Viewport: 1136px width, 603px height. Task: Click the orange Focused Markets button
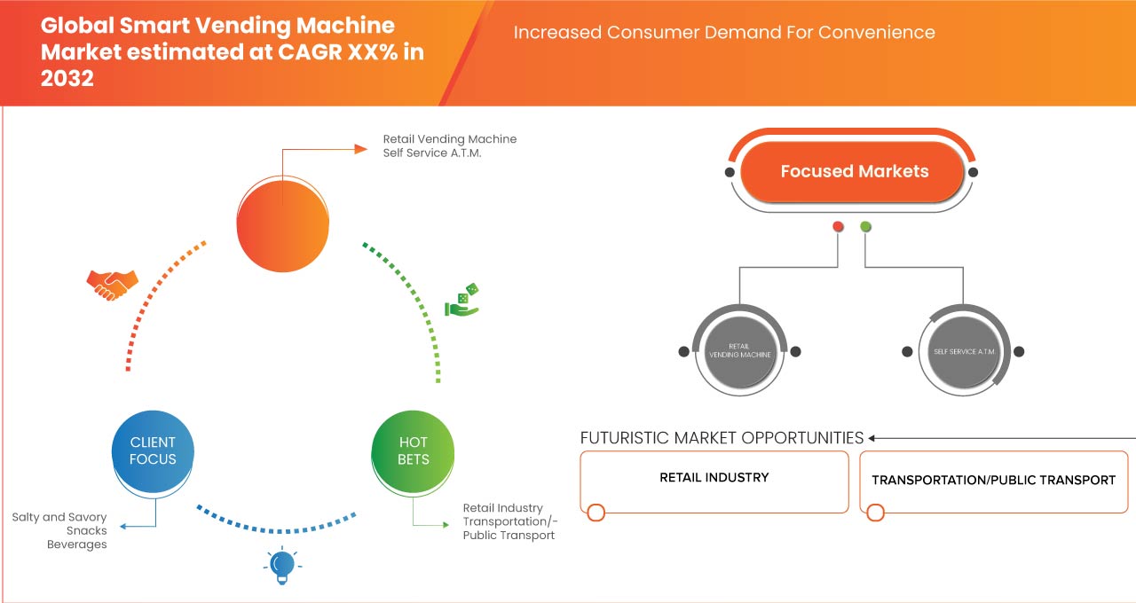pos(854,172)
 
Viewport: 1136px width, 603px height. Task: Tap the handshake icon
pos(112,284)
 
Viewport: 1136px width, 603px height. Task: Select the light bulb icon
pos(281,565)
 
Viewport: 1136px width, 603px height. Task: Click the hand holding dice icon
pos(462,301)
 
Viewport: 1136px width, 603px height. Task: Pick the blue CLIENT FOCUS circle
pos(153,450)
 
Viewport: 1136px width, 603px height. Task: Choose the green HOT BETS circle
pos(413,450)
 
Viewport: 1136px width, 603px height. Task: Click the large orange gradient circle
pos(282,221)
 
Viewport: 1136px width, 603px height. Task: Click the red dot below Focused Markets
pos(838,227)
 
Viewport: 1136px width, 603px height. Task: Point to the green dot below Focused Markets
pos(865,227)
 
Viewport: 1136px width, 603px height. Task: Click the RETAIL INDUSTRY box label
pos(714,477)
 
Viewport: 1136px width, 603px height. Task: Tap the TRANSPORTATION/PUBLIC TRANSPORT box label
pos(993,480)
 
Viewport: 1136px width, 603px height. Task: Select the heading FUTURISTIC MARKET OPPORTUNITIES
pos(722,438)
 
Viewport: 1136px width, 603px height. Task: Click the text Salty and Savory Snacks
pos(59,524)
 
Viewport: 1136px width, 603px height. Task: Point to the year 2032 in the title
pos(67,78)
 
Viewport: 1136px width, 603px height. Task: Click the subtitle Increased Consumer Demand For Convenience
pos(724,33)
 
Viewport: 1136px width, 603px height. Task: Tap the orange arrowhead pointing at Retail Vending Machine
pos(360,149)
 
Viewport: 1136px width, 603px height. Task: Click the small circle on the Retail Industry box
pos(596,513)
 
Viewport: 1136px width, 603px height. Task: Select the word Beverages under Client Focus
pos(77,544)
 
